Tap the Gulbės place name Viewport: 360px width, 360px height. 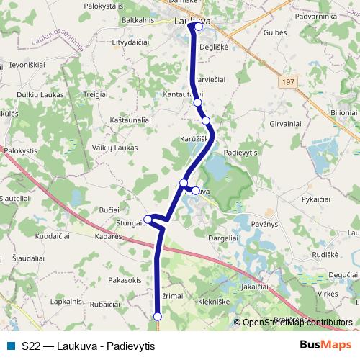click(x=275, y=32)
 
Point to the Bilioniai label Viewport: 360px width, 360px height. click(x=343, y=113)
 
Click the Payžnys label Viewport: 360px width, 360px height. click(x=264, y=226)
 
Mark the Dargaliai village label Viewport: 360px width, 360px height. click(x=222, y=238)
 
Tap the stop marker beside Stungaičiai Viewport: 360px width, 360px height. click(x=148, y=220)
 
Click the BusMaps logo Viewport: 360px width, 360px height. click(x=325, y=346)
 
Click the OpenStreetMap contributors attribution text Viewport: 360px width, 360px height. click(x=297, y=323)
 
